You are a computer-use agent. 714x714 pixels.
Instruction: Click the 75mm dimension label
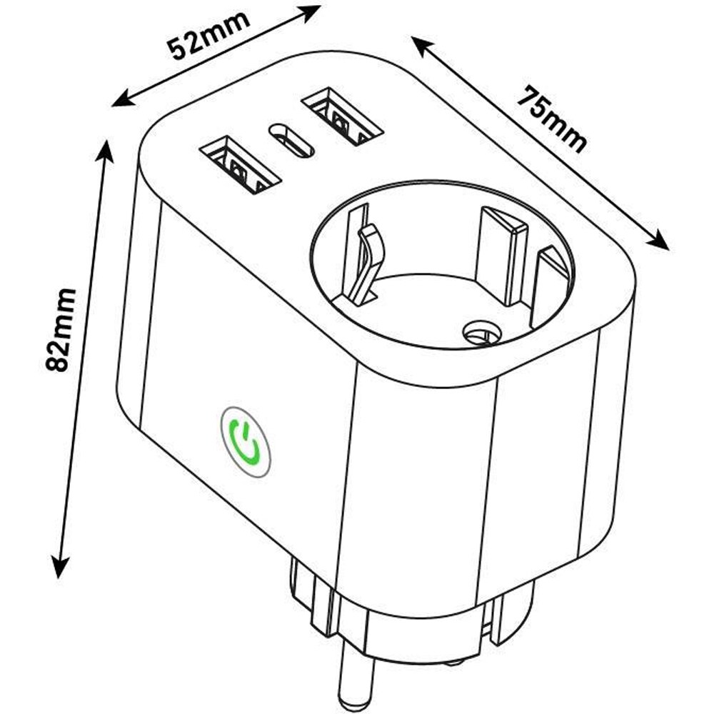tap(551, 119)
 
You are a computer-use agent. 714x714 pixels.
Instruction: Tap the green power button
tap(246, 441)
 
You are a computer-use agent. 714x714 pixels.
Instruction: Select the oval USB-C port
tap(291, 141)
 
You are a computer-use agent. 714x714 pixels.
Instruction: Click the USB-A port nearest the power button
tap(238, 166)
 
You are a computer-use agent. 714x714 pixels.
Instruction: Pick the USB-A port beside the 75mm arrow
tap(340, 116)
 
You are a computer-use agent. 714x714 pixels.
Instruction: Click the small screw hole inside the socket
tap(481, 333)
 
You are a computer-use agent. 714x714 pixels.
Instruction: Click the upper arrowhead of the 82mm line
tap(106, 151)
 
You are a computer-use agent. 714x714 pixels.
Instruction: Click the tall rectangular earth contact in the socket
tap(501, 254)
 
